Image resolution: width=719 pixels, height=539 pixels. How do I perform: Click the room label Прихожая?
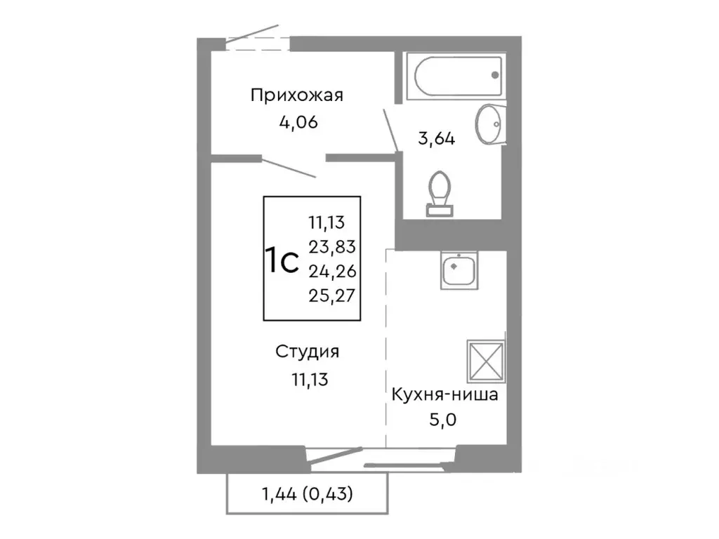[297, 95]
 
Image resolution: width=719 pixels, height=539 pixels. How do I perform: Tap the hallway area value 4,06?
[298, 122]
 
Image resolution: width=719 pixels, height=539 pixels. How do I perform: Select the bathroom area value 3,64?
[436, 138]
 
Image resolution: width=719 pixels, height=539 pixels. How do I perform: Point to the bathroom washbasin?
[489, 124]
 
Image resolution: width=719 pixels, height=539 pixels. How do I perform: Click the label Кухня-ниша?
[444, 394]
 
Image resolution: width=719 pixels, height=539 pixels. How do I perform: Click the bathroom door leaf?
[391, 129]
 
